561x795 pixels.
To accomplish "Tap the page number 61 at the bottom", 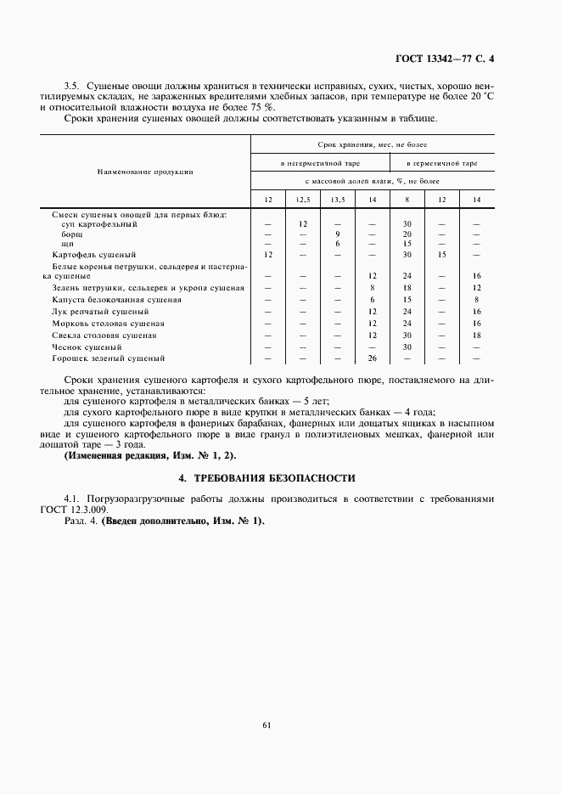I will (266, 724).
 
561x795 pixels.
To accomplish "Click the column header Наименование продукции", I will (145, 171).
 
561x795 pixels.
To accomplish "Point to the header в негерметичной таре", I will (319, 162).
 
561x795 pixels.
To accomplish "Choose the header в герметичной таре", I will (442, 162).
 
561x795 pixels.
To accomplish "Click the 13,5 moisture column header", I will (337, 199).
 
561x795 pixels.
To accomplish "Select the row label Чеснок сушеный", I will (87, 347).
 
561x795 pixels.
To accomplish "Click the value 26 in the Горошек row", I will (372, 358).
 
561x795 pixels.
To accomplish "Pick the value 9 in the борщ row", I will (337, 234).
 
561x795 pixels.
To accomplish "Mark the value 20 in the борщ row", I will (407, 234).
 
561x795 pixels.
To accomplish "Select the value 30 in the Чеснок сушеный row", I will (407, 347).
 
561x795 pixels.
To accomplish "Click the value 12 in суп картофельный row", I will (302, 223).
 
